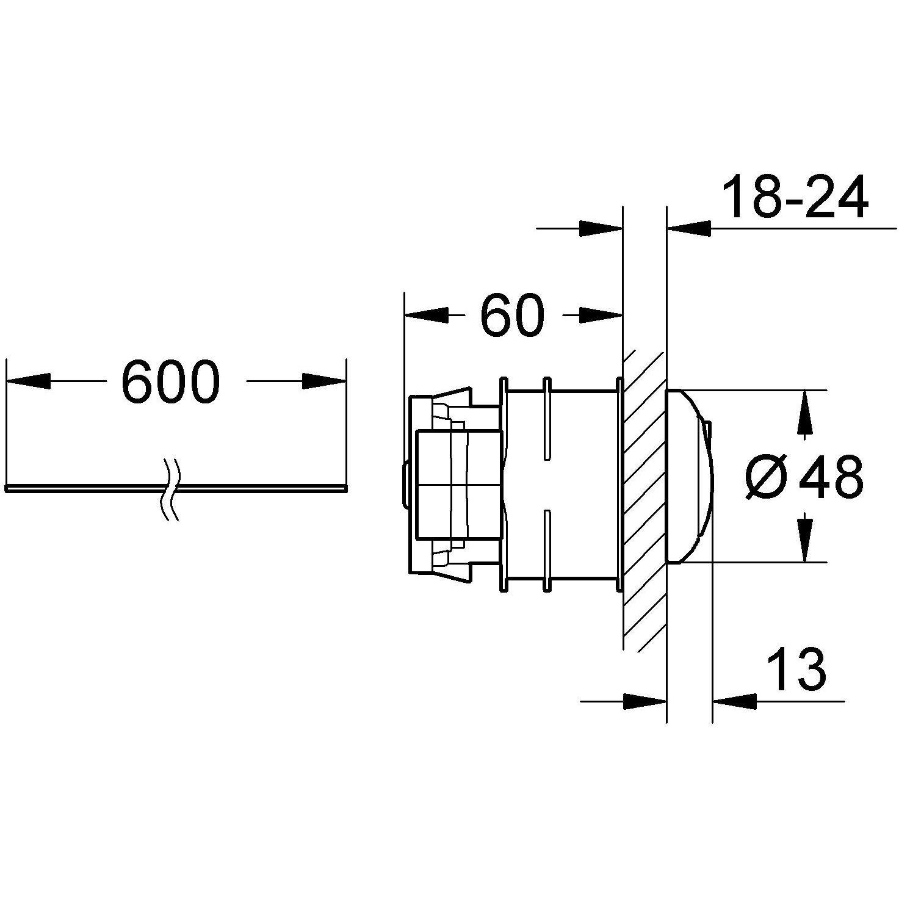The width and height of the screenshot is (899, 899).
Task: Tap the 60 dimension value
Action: [x=512, y=315]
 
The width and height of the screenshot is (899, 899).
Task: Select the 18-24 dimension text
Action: [x=795, y=197]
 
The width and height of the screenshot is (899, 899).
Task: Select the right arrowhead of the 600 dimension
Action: [x=323, y=381]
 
